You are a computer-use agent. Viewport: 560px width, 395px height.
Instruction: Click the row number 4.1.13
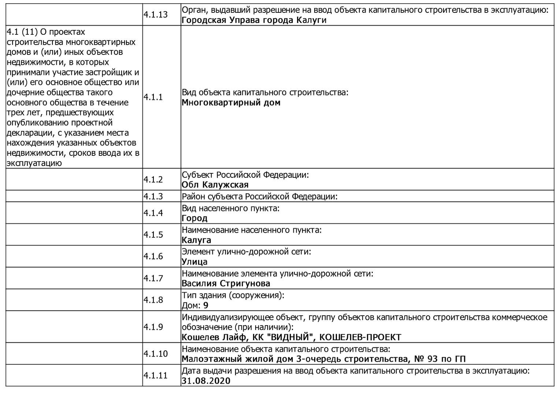pos(155,15)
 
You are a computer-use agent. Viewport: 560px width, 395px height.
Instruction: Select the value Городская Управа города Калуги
pos(254,20)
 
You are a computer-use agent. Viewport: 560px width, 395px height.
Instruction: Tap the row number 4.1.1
pos(153,97)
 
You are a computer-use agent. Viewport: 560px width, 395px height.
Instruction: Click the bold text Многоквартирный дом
pos(231,103)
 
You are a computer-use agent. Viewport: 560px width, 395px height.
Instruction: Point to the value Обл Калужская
pos(215,185)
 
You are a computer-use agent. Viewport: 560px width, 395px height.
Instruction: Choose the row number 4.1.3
pos(153,196)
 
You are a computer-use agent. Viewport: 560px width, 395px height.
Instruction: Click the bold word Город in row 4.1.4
pos(194,218)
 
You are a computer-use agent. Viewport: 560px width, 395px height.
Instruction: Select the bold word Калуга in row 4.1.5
pos(196,240)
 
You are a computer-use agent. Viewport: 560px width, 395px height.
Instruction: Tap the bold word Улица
pos(194,262)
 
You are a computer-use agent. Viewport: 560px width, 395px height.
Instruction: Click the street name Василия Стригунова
pos(226,283)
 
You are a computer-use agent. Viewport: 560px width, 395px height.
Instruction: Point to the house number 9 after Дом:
pos(206,305)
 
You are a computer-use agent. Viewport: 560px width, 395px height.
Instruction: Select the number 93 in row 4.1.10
pos(432,359)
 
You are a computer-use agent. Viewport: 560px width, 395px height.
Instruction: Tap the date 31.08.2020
pos(206,381)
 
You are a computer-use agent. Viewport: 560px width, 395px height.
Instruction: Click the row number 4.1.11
pos(155,376)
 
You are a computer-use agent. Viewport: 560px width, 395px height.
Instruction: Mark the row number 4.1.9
pos(153,327)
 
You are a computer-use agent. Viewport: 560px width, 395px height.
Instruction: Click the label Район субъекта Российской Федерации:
pos(259,197)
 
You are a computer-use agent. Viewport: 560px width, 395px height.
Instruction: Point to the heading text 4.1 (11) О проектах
pos(46,32)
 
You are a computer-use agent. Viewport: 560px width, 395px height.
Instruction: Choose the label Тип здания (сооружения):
pos(233,295)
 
